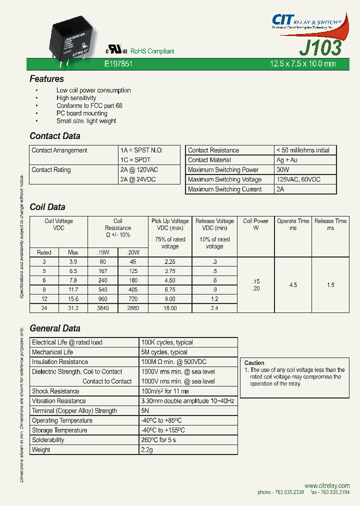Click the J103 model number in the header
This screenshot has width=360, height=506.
[x=320, y=47]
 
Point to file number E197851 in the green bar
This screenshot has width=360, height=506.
[x=118, y=64]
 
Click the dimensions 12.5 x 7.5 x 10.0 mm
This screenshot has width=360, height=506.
[x=302, y=64]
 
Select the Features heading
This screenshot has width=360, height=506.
[x=46, y=79]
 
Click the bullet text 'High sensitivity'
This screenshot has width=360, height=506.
[x=76, y=98]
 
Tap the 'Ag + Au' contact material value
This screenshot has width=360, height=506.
[x=287, y=160]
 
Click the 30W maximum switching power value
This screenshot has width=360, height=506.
[x=283, y=170]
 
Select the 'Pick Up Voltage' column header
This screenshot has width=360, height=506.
[x=170, y=221]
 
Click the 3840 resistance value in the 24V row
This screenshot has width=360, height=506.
[x=102, y=308]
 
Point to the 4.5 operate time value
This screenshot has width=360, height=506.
[x=293, y=285]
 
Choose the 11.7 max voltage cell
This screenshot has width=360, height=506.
[x=73, y=289]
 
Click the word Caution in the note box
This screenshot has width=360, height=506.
[x=254, y=363]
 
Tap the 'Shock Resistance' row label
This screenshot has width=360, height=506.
[x=55, y=391]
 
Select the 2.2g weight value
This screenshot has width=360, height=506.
[x=148, y=450]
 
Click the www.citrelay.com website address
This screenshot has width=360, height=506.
[x=326, y=485]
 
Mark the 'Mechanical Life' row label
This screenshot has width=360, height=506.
[x=52, y=352]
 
